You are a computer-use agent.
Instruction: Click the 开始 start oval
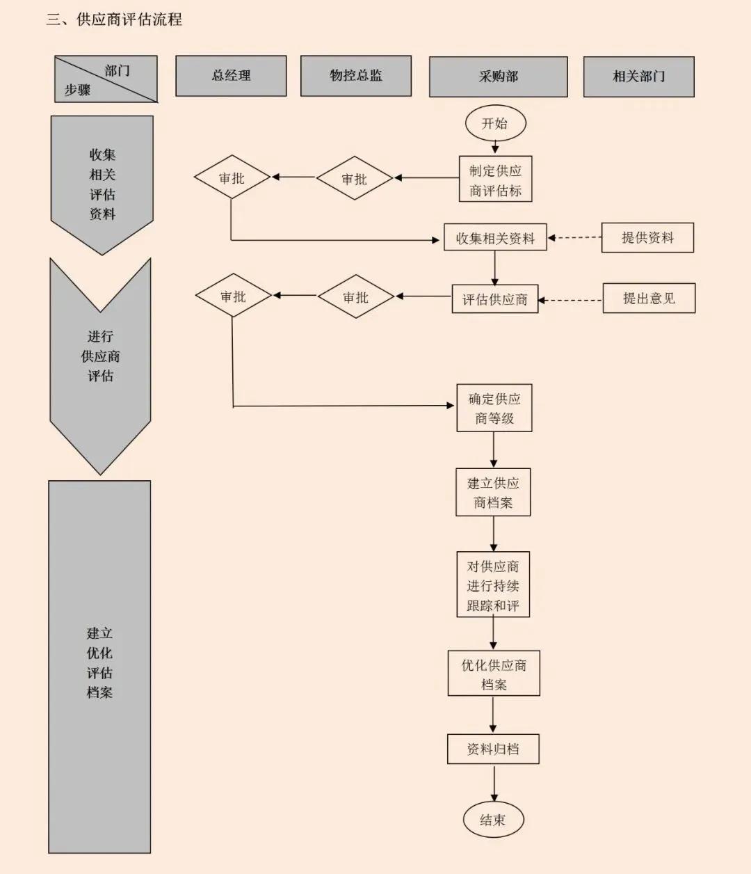click(495, 124)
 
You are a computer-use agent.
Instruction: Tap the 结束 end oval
click(493, 820)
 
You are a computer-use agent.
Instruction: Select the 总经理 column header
click(231, 76)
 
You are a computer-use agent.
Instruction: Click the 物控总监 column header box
click(356, 76)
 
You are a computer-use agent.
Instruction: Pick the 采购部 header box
click(498, 77)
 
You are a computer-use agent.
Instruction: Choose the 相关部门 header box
click(638, 77)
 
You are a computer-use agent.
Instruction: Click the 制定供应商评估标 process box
click(495, 180)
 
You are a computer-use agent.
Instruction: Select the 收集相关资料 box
click(495, 238)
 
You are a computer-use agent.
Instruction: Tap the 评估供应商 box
click(495, 299)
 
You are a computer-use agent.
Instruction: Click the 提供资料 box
click(647, 238)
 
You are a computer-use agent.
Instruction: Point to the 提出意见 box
click(649, 299)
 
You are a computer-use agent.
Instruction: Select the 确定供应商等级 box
click(494, 408)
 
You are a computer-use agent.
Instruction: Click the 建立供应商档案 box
click(493, 493)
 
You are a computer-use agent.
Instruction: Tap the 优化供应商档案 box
click(494, 674)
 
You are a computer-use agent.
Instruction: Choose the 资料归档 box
click(493, 749)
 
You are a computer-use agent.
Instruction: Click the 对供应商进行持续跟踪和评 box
click(493, 585)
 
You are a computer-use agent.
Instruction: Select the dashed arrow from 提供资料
click(575, 238)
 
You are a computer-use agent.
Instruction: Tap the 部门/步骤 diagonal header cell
click(106, 79)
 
